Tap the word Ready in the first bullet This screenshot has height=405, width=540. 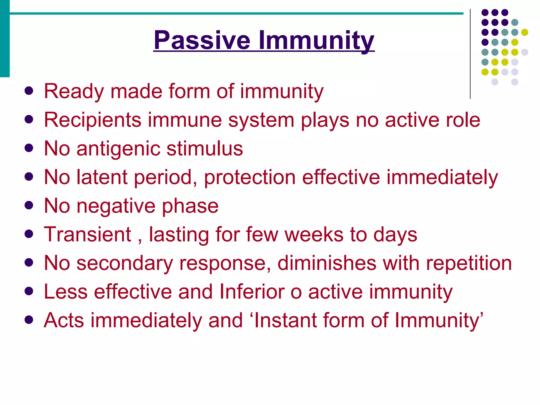point(74,91)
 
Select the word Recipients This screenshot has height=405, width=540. point(92,120)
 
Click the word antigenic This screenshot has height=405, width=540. point(118,149)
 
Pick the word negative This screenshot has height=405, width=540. point(116,206)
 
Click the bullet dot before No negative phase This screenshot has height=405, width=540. point(28,205)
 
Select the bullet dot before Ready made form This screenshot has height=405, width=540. point(28,91)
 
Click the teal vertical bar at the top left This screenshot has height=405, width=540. point(5,38)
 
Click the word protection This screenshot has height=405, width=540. point(250,177)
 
